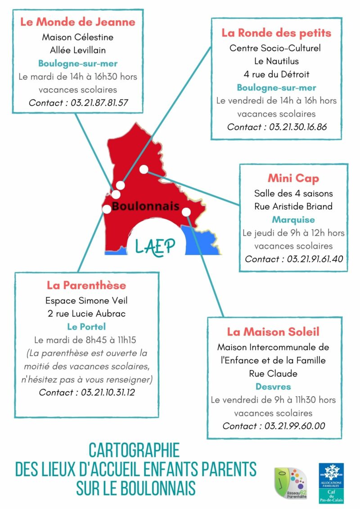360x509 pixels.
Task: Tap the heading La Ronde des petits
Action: click(276, 32)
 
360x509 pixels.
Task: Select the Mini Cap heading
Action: click(293, 179)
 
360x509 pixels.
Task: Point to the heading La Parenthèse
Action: click(86, 285)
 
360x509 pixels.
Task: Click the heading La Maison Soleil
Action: click(273, 332)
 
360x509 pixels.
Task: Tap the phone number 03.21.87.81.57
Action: click(99, 103)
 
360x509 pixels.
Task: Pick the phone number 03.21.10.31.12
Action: click(108, 392)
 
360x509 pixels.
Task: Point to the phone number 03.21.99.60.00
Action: click(295, 426)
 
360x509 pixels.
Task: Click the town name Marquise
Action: click(293, 220)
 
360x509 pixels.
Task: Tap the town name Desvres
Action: click(273, 386)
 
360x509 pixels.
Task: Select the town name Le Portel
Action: click(86, 326)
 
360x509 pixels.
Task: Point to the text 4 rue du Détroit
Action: click(276, 74)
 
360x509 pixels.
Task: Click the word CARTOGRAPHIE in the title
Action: click(134, 450)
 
